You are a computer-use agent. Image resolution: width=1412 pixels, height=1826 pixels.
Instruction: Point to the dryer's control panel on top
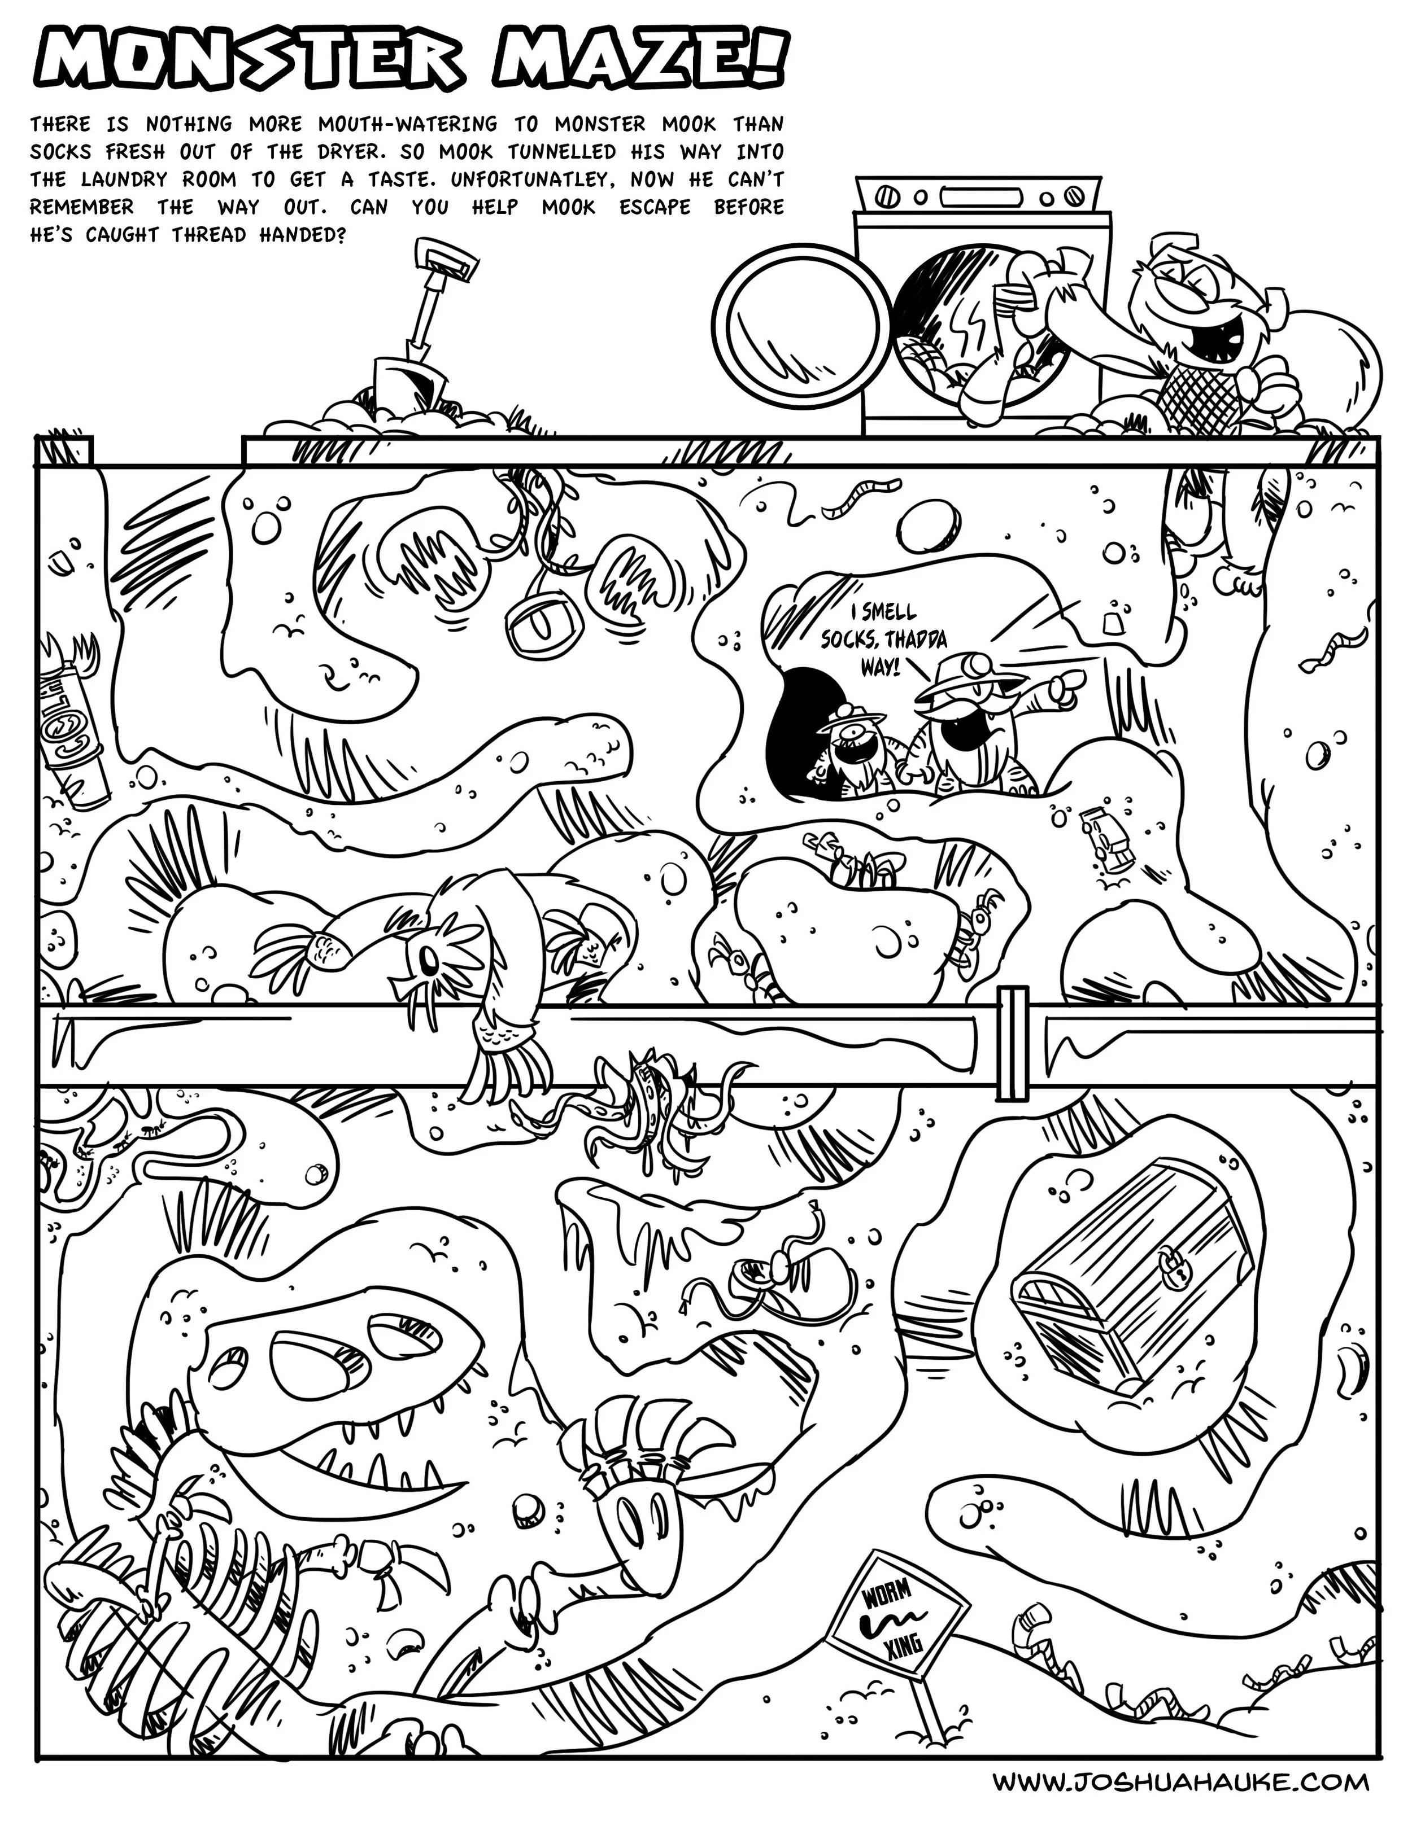click(974, 198)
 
